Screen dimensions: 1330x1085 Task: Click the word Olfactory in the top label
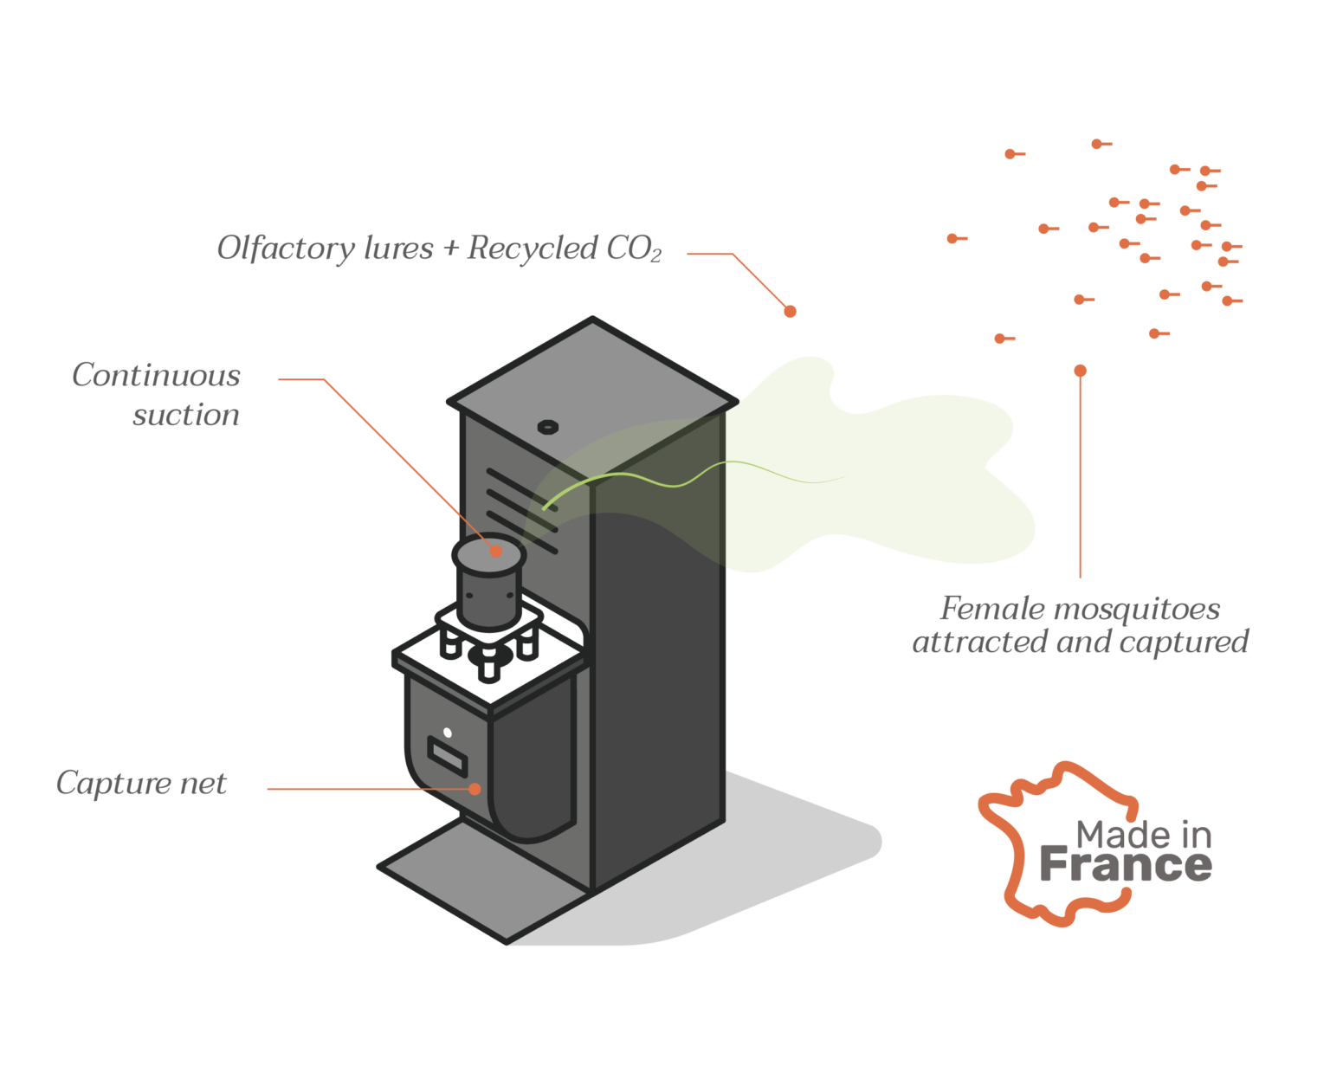(286, 248)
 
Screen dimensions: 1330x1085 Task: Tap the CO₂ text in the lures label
(633, 248)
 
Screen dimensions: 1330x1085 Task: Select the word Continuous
(157, 375)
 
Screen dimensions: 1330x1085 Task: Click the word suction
(186, 415)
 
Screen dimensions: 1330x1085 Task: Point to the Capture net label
(141, 783)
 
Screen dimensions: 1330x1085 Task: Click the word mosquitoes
(1136, 610)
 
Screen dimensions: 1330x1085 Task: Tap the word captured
(1184, 643)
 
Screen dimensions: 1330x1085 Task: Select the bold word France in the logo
(1126, 864)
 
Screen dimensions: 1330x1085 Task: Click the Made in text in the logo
(1143, 834)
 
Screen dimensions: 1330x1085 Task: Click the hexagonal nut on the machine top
(547, 427)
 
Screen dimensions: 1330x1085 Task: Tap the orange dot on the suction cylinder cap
(495, 552)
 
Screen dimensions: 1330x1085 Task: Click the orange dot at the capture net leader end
(475, 789)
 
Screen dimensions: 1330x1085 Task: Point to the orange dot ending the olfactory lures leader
(790, 311)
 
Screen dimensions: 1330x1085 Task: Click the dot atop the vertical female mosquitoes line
(1080, 371)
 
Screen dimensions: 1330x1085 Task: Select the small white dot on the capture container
(447, 733)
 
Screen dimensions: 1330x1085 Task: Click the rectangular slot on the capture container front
(447, 757)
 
